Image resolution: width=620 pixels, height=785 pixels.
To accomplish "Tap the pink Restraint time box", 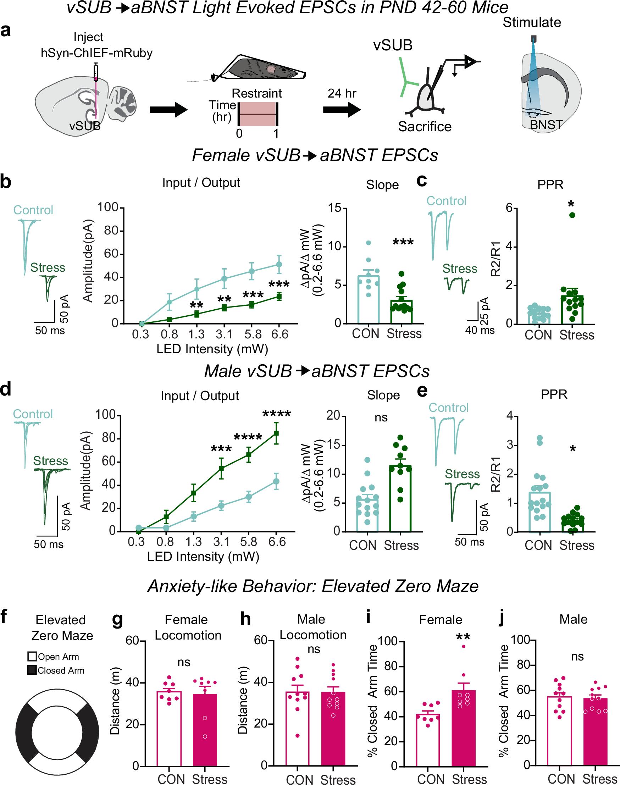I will [258, 114].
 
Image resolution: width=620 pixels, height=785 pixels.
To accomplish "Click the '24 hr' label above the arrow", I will [342, 94].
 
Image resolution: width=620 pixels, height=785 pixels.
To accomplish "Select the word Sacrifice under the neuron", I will [424, 127].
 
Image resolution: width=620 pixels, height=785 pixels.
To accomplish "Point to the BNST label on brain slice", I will [546, 125].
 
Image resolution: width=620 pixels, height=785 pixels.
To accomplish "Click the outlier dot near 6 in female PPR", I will [572, 215].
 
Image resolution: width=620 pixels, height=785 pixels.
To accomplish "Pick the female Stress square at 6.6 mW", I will [279, 297].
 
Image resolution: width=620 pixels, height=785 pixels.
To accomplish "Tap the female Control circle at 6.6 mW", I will [279, 265].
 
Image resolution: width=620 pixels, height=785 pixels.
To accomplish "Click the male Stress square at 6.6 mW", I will [276, 433].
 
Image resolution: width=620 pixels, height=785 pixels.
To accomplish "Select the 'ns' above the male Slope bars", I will [381, 418].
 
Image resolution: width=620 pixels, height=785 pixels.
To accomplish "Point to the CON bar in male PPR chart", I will [539, 512].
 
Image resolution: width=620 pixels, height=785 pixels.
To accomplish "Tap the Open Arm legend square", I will [32, 657].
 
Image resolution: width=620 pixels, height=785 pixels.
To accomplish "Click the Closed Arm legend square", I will [32, 670].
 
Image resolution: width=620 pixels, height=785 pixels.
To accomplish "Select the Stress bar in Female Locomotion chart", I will [205, 730].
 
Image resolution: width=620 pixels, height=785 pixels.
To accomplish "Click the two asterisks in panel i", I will [463, 637].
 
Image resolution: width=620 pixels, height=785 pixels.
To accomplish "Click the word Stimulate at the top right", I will [531, 22].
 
